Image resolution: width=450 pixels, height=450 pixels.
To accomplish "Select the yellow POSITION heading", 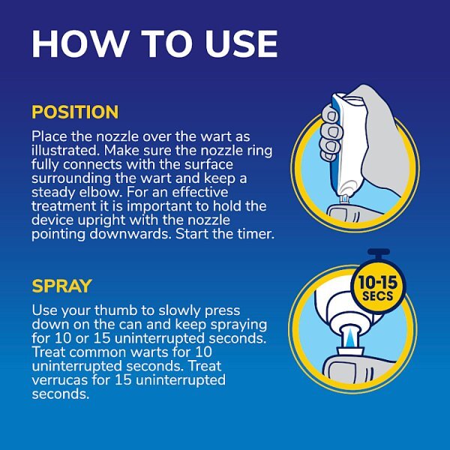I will [75, 112].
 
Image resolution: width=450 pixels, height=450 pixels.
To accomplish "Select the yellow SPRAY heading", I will [61, 286].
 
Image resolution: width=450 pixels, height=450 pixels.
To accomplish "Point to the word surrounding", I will [70, 178].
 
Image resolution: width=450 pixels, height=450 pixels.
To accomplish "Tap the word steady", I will [52, 191].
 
